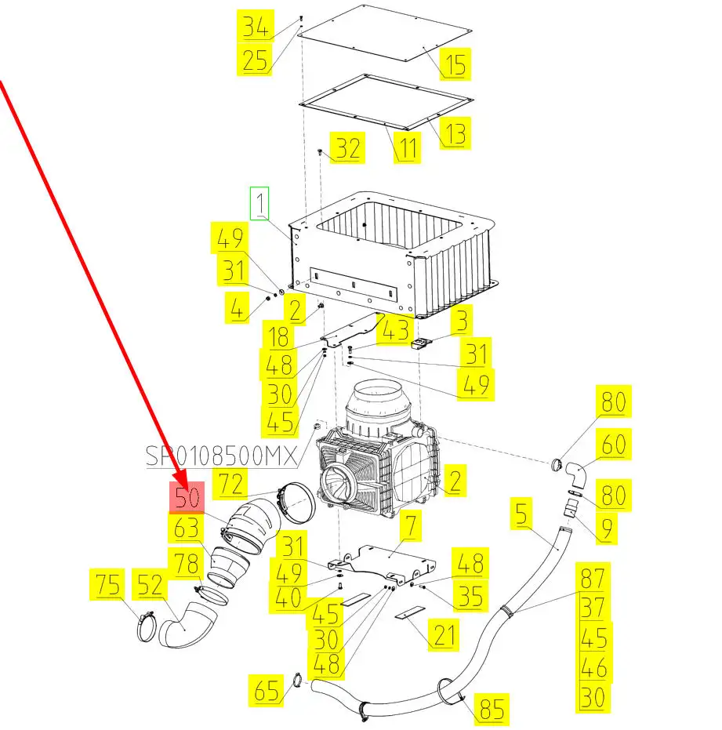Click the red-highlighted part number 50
(187, 497)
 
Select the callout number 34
(255, 27)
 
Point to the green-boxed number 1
(259, 203)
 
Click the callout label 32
(348, 147)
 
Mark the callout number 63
(187, 529)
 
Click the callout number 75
(110, 585)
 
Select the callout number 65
(267, 692)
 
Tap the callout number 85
(492, 710)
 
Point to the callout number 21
(444, 634)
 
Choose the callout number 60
(613, 445)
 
